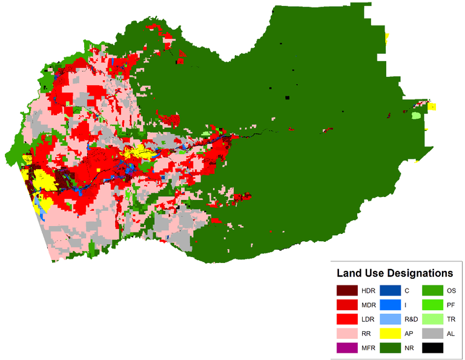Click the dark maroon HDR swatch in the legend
347,290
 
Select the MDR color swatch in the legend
347,304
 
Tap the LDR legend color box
347,319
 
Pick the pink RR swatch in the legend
347,333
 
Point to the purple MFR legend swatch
347,348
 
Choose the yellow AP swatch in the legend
389,333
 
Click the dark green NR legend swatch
389,348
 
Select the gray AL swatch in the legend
432,333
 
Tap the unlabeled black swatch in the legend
432,348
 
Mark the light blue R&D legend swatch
389,319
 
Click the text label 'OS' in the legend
452,290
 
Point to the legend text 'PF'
451,305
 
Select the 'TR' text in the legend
451,319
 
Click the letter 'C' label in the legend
407,290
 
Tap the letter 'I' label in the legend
406,305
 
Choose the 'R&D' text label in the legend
411,319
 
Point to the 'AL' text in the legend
451,334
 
